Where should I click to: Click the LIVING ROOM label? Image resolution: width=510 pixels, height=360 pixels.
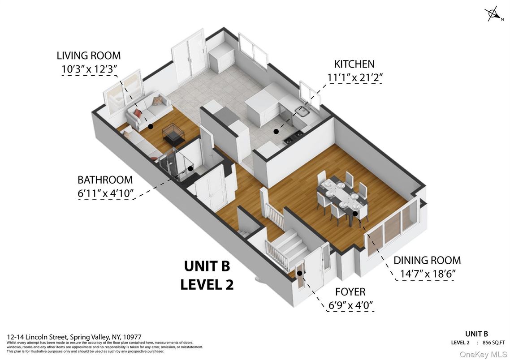(x=88, y=56)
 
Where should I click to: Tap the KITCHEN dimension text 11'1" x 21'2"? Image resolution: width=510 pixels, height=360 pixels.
(x=355, y=77)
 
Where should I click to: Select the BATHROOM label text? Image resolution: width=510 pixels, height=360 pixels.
(x=105, y=180)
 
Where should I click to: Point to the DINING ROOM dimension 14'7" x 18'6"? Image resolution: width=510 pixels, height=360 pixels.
(x=427, y=274)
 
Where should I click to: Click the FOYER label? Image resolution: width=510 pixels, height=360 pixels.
(x=350, y=292)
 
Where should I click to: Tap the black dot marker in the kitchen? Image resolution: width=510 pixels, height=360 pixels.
(x=276, y=132)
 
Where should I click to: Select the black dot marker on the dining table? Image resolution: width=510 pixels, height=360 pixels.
(x=355, y=214)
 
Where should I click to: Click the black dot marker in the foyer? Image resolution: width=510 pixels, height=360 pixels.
(x=299, y=273)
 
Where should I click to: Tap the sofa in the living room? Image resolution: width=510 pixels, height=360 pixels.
(x=148, y=110)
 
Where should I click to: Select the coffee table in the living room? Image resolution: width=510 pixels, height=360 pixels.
(x=174, y=133)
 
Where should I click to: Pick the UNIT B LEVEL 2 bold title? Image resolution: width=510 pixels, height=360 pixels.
(x=207, y=275)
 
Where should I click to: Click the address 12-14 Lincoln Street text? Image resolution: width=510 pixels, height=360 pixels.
(x=74, y=337)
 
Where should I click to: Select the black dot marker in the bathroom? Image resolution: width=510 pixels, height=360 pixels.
(x=190, y=169)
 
